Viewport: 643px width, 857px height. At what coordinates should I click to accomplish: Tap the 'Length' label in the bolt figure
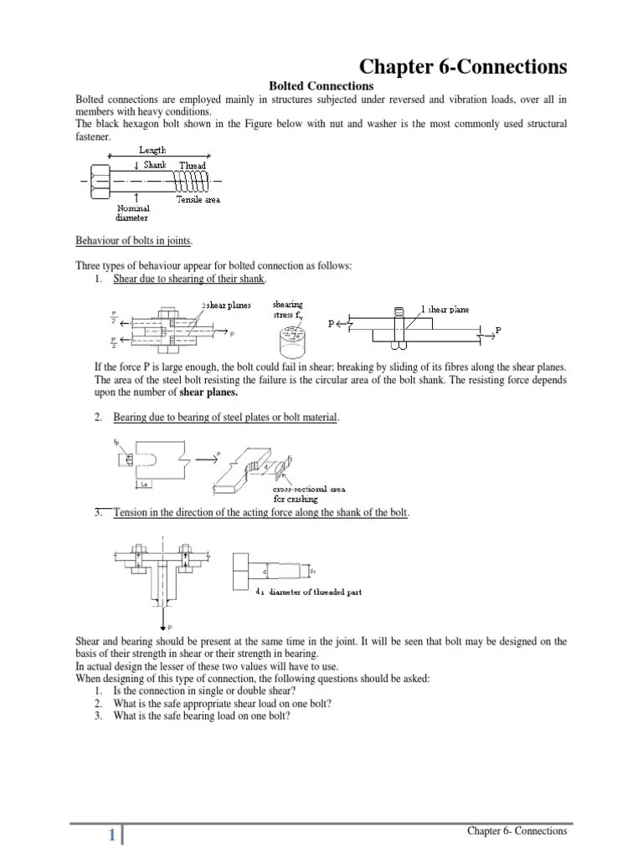152,150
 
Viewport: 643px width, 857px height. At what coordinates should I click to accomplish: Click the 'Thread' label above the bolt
192,166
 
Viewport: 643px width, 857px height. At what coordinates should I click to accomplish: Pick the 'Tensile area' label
198,200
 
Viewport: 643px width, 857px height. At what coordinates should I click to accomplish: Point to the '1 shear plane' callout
444,309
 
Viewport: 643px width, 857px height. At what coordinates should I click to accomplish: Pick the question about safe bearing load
202,715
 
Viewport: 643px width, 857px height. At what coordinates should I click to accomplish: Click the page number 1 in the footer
110,835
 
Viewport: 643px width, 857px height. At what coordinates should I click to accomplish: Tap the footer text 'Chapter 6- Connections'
517,831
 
